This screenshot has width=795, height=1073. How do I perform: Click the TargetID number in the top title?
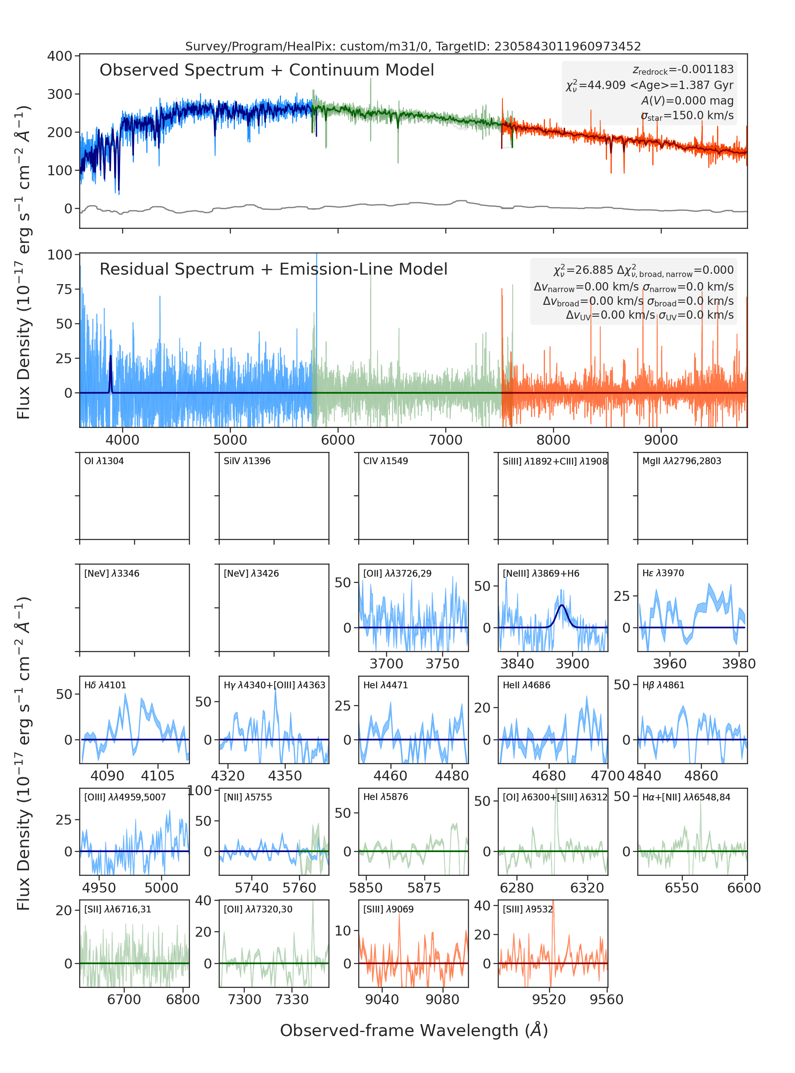click(568, 46)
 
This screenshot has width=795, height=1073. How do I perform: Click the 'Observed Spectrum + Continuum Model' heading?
click(267, 70)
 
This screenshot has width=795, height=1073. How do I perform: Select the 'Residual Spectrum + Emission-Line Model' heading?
click(273, 269)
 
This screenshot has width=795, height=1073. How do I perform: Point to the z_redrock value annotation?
click(683, 70)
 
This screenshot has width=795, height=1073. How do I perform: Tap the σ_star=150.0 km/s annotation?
click(687, 116)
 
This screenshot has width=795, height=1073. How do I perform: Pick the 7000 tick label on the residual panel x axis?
click(446, 440)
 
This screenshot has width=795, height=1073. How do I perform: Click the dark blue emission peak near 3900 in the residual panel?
click(111, 356)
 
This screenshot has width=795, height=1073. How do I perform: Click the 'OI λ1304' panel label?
click(104, 461)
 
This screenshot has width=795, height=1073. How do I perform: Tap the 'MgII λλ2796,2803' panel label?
click(681, 461)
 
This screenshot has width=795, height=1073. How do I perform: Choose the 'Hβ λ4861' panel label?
click(663, 685)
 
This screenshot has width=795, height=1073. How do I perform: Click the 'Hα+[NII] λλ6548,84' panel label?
click(686, 797)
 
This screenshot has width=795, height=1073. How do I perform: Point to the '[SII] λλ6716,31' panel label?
click(118, 909)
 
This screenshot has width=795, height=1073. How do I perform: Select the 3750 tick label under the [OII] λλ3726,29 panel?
click(442, 664)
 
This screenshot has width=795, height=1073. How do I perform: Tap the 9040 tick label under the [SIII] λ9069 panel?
click(382, 1000)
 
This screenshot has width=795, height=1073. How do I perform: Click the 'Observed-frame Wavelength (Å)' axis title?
click(414, 1030)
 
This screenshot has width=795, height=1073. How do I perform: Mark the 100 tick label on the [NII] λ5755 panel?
click(199, 790)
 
